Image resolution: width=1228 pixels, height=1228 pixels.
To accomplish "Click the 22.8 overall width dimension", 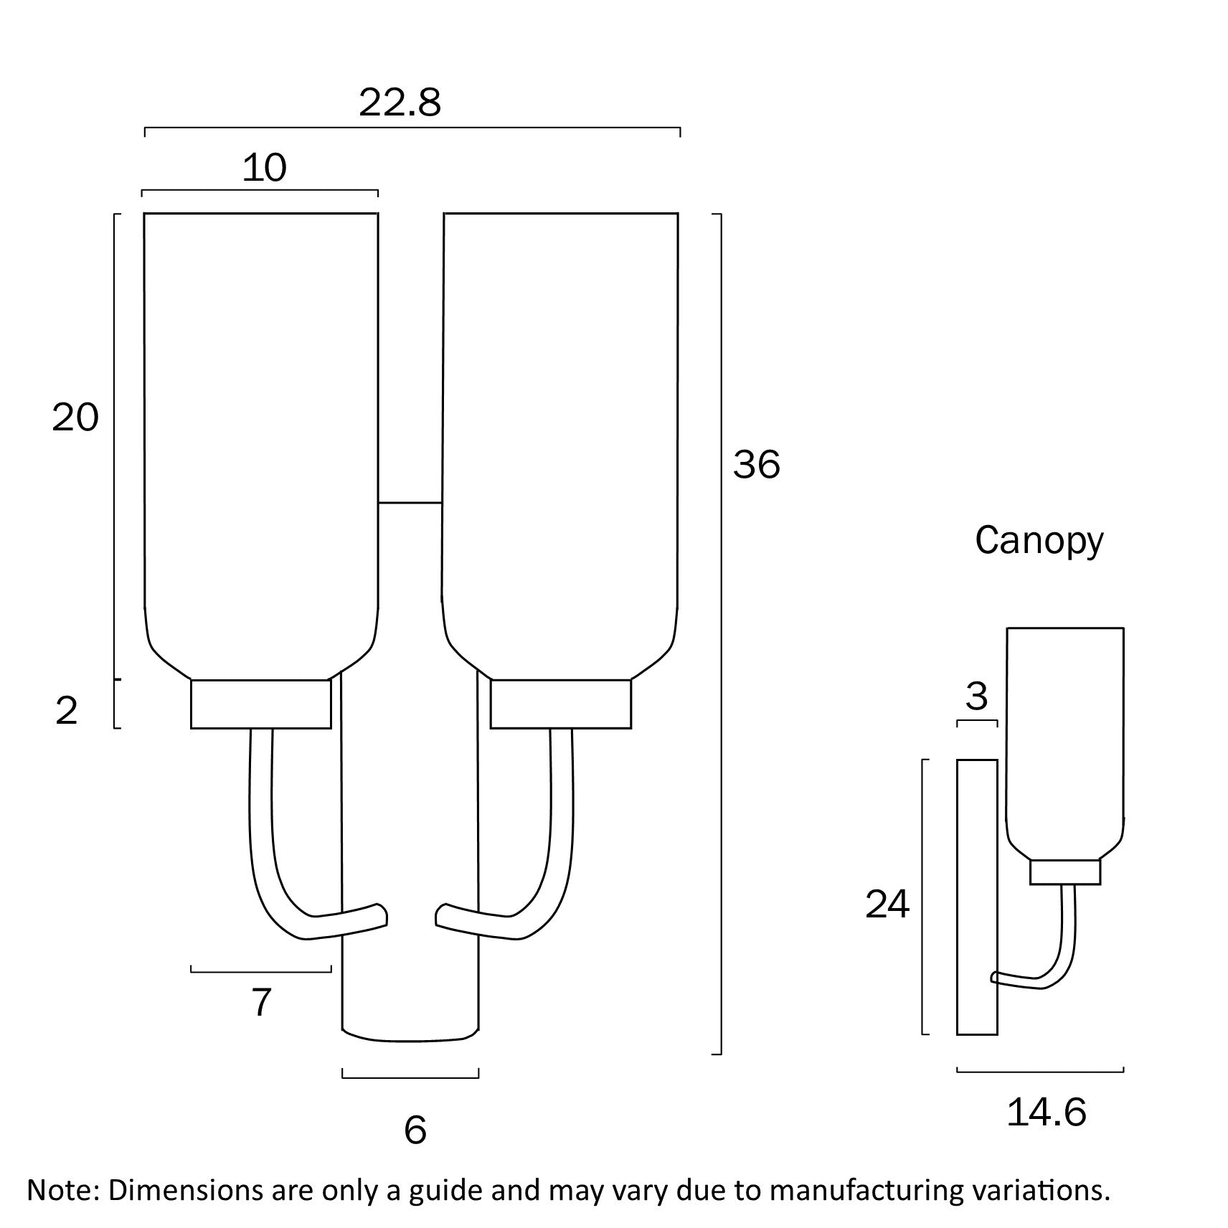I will (x=400, y=103).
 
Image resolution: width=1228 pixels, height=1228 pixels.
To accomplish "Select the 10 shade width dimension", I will (x=265, y=169).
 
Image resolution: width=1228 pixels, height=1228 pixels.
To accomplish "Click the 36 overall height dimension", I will (x=756, y=465).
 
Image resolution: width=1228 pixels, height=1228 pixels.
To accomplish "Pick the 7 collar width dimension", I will (x=261, y=1002).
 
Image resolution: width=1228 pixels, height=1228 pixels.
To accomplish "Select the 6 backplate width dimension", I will (x=415, y=1130).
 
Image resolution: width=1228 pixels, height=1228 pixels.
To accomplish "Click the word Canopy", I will (x=1038, y=541).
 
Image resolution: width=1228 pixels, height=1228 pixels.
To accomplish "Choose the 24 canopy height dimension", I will (x=887, y=905).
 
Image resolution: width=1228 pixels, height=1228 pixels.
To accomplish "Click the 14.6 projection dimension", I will (x=1046, y=1113).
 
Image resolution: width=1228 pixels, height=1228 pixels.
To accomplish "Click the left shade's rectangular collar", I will (x=261, y=704).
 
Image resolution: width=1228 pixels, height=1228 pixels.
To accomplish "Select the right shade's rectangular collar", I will (x=560, y=704).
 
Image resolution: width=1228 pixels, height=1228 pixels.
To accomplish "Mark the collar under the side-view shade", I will (x=1065, y=872).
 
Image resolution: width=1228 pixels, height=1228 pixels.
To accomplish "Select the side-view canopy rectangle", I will (x=977, y=897).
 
